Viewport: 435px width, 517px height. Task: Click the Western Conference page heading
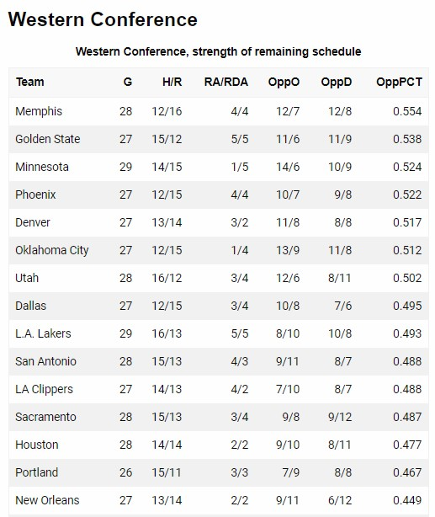point(103,19)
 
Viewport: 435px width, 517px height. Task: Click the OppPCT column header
point(399,82)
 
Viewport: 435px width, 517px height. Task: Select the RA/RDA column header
point(226,82)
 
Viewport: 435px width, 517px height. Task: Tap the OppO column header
point(284,83)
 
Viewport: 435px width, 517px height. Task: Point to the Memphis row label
point(39,111)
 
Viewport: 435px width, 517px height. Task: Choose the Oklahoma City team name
point(51,250)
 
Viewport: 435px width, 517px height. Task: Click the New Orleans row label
point(47,500)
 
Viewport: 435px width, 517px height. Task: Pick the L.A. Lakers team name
point(43,333)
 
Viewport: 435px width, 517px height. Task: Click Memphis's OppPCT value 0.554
point(407,111)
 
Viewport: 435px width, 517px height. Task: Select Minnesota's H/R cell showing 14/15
point(167,167)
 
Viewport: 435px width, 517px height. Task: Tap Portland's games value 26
point(125,472)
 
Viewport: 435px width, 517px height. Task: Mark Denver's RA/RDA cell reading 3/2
point(240,222)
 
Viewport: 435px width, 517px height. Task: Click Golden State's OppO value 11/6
point(288,139)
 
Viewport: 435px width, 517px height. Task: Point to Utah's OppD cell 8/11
point(340,278)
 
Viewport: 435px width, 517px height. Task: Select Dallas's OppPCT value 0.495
point(407,306)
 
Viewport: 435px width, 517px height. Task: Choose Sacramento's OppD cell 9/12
point(340,417)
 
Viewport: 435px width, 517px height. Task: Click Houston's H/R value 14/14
point(167,445)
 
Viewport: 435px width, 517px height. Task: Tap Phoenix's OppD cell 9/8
point(343,195)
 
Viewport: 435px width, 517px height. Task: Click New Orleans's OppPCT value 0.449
point(407,500)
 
